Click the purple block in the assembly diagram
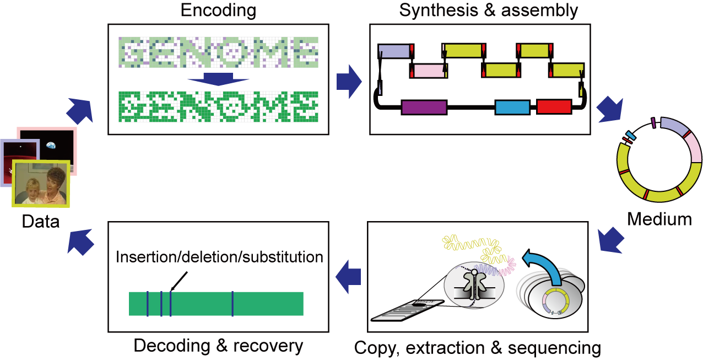click(x=424, y=107)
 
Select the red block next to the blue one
click(x=554, y=106)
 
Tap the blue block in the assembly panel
click(x=512, y=107)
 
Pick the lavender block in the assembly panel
click(x=394, y=51)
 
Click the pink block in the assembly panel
click(x=429, y=71)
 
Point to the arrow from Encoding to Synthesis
click(x=349, y=81)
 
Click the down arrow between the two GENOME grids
click(x=218, y=79)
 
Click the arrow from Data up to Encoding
click(x=79, y=110)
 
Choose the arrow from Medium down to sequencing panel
click(x=610, y=240)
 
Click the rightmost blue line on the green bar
click(x=232, y=304)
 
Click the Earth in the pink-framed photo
click(x=51, y=146)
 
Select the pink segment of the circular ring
click(x=692, y=148)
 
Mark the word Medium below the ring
click(x=659, y=219)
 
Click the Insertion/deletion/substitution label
click(x=219, y=257)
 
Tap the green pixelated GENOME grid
click(x=218, y=106)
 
